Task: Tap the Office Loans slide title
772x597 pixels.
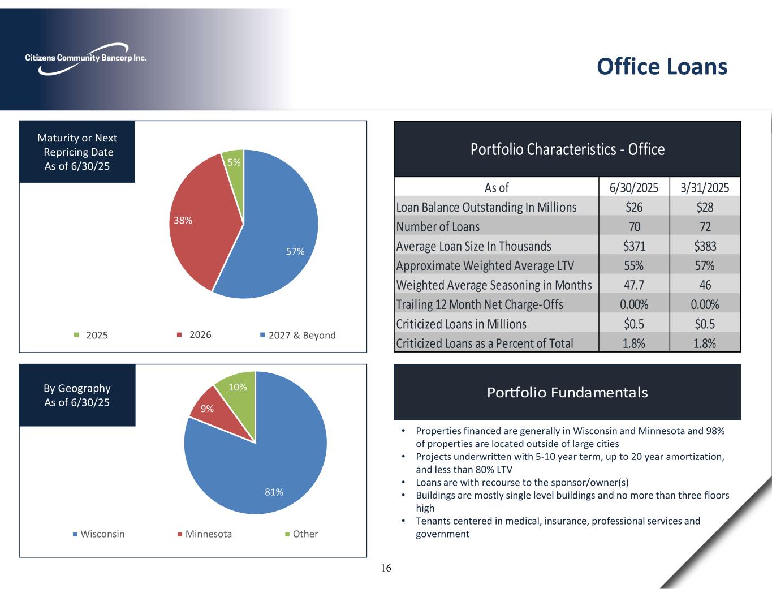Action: point(662,66)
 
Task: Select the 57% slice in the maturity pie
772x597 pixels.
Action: point(277,238)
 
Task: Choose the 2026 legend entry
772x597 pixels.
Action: point(195,334)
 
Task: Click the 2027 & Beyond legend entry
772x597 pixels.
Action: point(297,335)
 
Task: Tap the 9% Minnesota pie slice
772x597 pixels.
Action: point(208,408)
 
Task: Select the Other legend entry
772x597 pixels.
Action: point(301,534)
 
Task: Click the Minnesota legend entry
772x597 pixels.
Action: point(205,534)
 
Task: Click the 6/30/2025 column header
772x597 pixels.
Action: point(634,187)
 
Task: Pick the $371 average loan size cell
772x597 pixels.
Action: point(634,246)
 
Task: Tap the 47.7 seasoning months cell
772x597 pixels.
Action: point(634,285)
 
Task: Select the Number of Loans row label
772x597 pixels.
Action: point(438,226)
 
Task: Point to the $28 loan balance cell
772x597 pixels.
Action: point(705,207)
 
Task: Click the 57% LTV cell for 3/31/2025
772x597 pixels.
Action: point(705,265)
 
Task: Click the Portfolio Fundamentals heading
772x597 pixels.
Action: point(567,392)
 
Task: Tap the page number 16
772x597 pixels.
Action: point(386,568)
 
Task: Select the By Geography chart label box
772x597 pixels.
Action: point(77,395)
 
